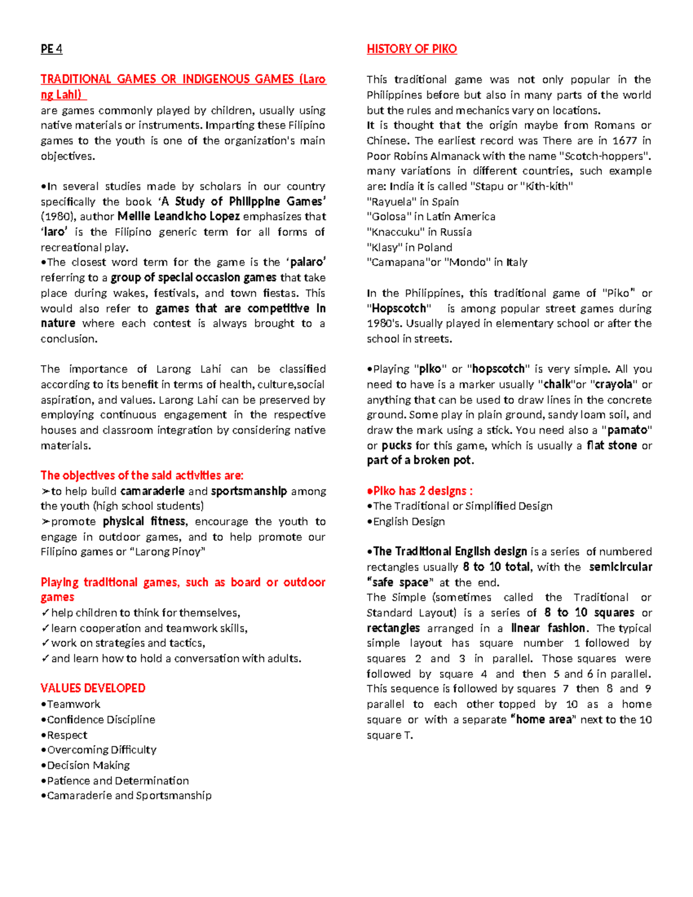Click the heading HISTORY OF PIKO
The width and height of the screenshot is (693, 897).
coord(411,49)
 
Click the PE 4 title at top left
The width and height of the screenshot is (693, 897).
coord(51,49)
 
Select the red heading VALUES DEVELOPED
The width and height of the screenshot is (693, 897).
coord(93,688)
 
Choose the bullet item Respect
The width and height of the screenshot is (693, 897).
coord(67,735)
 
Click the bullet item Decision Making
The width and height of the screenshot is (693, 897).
coord(88,765)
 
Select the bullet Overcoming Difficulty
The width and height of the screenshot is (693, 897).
coord(102,750)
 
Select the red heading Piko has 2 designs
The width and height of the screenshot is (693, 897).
coord(420,491)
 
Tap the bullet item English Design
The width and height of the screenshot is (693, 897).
coord(409,522)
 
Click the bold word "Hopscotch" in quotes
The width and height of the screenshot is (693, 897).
coord(399,308)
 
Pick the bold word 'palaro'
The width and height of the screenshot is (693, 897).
coord(307,262)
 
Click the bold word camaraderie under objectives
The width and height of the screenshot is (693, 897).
coord(152,492)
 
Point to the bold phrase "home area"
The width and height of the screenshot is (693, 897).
coord(543,720)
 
